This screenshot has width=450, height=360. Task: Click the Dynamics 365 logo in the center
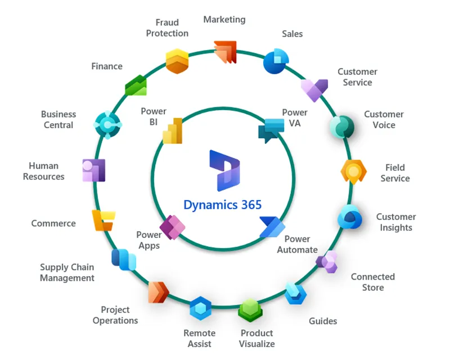[x=224, y=170]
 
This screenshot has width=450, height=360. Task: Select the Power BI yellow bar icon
[x=173, y=131]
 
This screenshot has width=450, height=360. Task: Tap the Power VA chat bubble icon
[x=271, y=130]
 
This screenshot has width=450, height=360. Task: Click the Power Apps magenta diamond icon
[x=172, y=227]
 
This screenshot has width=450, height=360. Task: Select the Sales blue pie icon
[x=276, y=61]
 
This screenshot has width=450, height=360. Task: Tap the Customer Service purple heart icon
[x=314, y=89]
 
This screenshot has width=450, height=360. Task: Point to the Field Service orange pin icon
[x=354, y=172]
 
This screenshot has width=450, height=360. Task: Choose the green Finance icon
[x=136, y=85]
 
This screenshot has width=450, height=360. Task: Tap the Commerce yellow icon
[x=103, y=220]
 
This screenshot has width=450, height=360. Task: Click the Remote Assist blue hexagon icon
[x=200, y=308]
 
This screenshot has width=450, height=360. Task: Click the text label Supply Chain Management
[x=67, y=273]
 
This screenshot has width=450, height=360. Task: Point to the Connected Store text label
[x=372, y=282]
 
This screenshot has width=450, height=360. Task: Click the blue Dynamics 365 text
[x=223, y=205]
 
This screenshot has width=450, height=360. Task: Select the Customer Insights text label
[x=396, y=222]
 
